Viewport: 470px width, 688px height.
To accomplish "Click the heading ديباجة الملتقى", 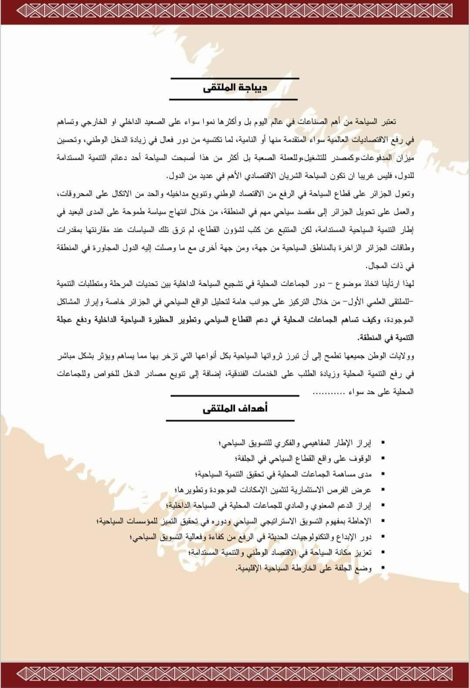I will click(235, 88).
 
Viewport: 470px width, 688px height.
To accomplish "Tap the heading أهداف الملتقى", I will click(235, 408).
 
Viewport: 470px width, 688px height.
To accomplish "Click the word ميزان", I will click(405, 159).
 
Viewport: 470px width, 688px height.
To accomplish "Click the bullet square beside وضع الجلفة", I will click(382, 568).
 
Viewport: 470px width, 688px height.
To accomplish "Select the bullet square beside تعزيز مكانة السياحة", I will click(382, 552).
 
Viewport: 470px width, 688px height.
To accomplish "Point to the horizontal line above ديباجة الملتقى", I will click(235, 78).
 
